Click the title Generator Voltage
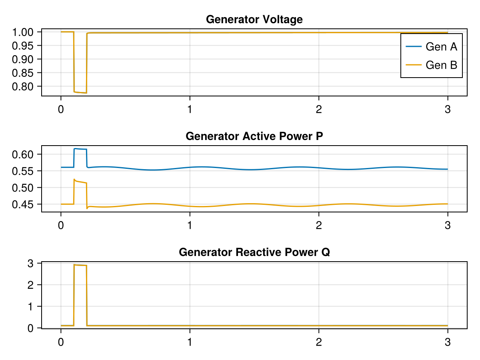coord(254,19)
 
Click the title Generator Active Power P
coord(254,136)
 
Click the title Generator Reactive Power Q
coord(254,252)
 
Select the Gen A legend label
coord(441,47)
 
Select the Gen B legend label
coord(441,65)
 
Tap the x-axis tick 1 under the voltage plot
coord(190,109)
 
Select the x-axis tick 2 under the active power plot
coord(318,225)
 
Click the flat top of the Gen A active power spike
coord(80,149)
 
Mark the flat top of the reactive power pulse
coord(80,265)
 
